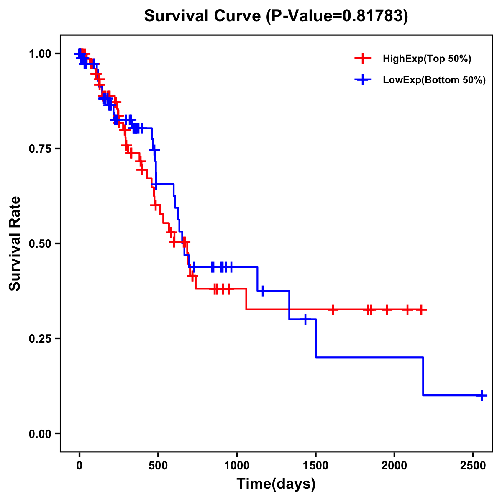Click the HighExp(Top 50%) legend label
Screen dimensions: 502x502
coord(427,59)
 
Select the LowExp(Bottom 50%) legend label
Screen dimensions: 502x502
coord(434,80)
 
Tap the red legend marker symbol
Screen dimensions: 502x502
coord(363,59)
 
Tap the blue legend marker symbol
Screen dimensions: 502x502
coord(363,80)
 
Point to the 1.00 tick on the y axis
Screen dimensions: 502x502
coord(40,54)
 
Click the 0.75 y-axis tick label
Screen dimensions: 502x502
coord(40,149)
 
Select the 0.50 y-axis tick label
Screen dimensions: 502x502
coord(40,243)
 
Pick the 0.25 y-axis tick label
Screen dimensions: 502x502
coord(40,338)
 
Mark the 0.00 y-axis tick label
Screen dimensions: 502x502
coord(40,433)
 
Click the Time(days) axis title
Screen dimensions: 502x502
coord(276,484)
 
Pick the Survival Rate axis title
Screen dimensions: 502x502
coord(15,243)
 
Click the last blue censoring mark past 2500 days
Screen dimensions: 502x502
coord(482,395)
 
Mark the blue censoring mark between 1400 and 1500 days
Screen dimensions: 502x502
coord(305,319)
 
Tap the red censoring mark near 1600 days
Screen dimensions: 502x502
coord(333,310)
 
